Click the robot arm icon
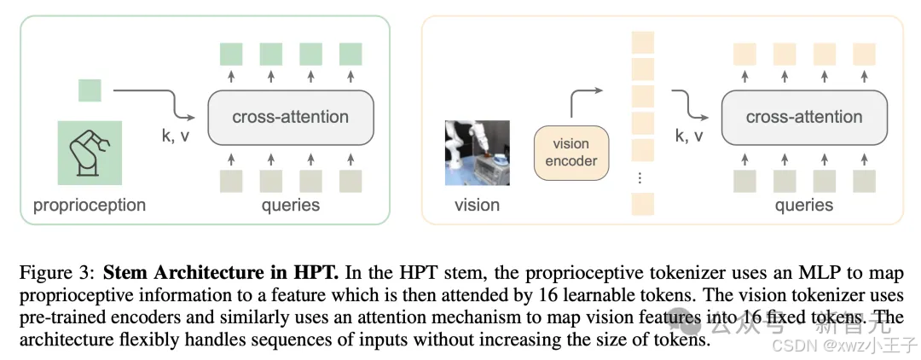pos(90,154)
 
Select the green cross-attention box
pos(290,118)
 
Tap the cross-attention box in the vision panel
pos(804,118)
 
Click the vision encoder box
pos(571,153)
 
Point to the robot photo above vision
pos(477,153)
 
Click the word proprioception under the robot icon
pos(90,206)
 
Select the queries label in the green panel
pos(291,206)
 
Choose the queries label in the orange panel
pos(804,206)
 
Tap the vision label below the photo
pos(477,205)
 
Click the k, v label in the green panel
pos(176,136)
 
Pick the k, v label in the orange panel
pos(690,136)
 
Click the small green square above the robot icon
pos(90,90)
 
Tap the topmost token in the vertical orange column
pos(643,43)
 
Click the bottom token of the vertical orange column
pos(643,204)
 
